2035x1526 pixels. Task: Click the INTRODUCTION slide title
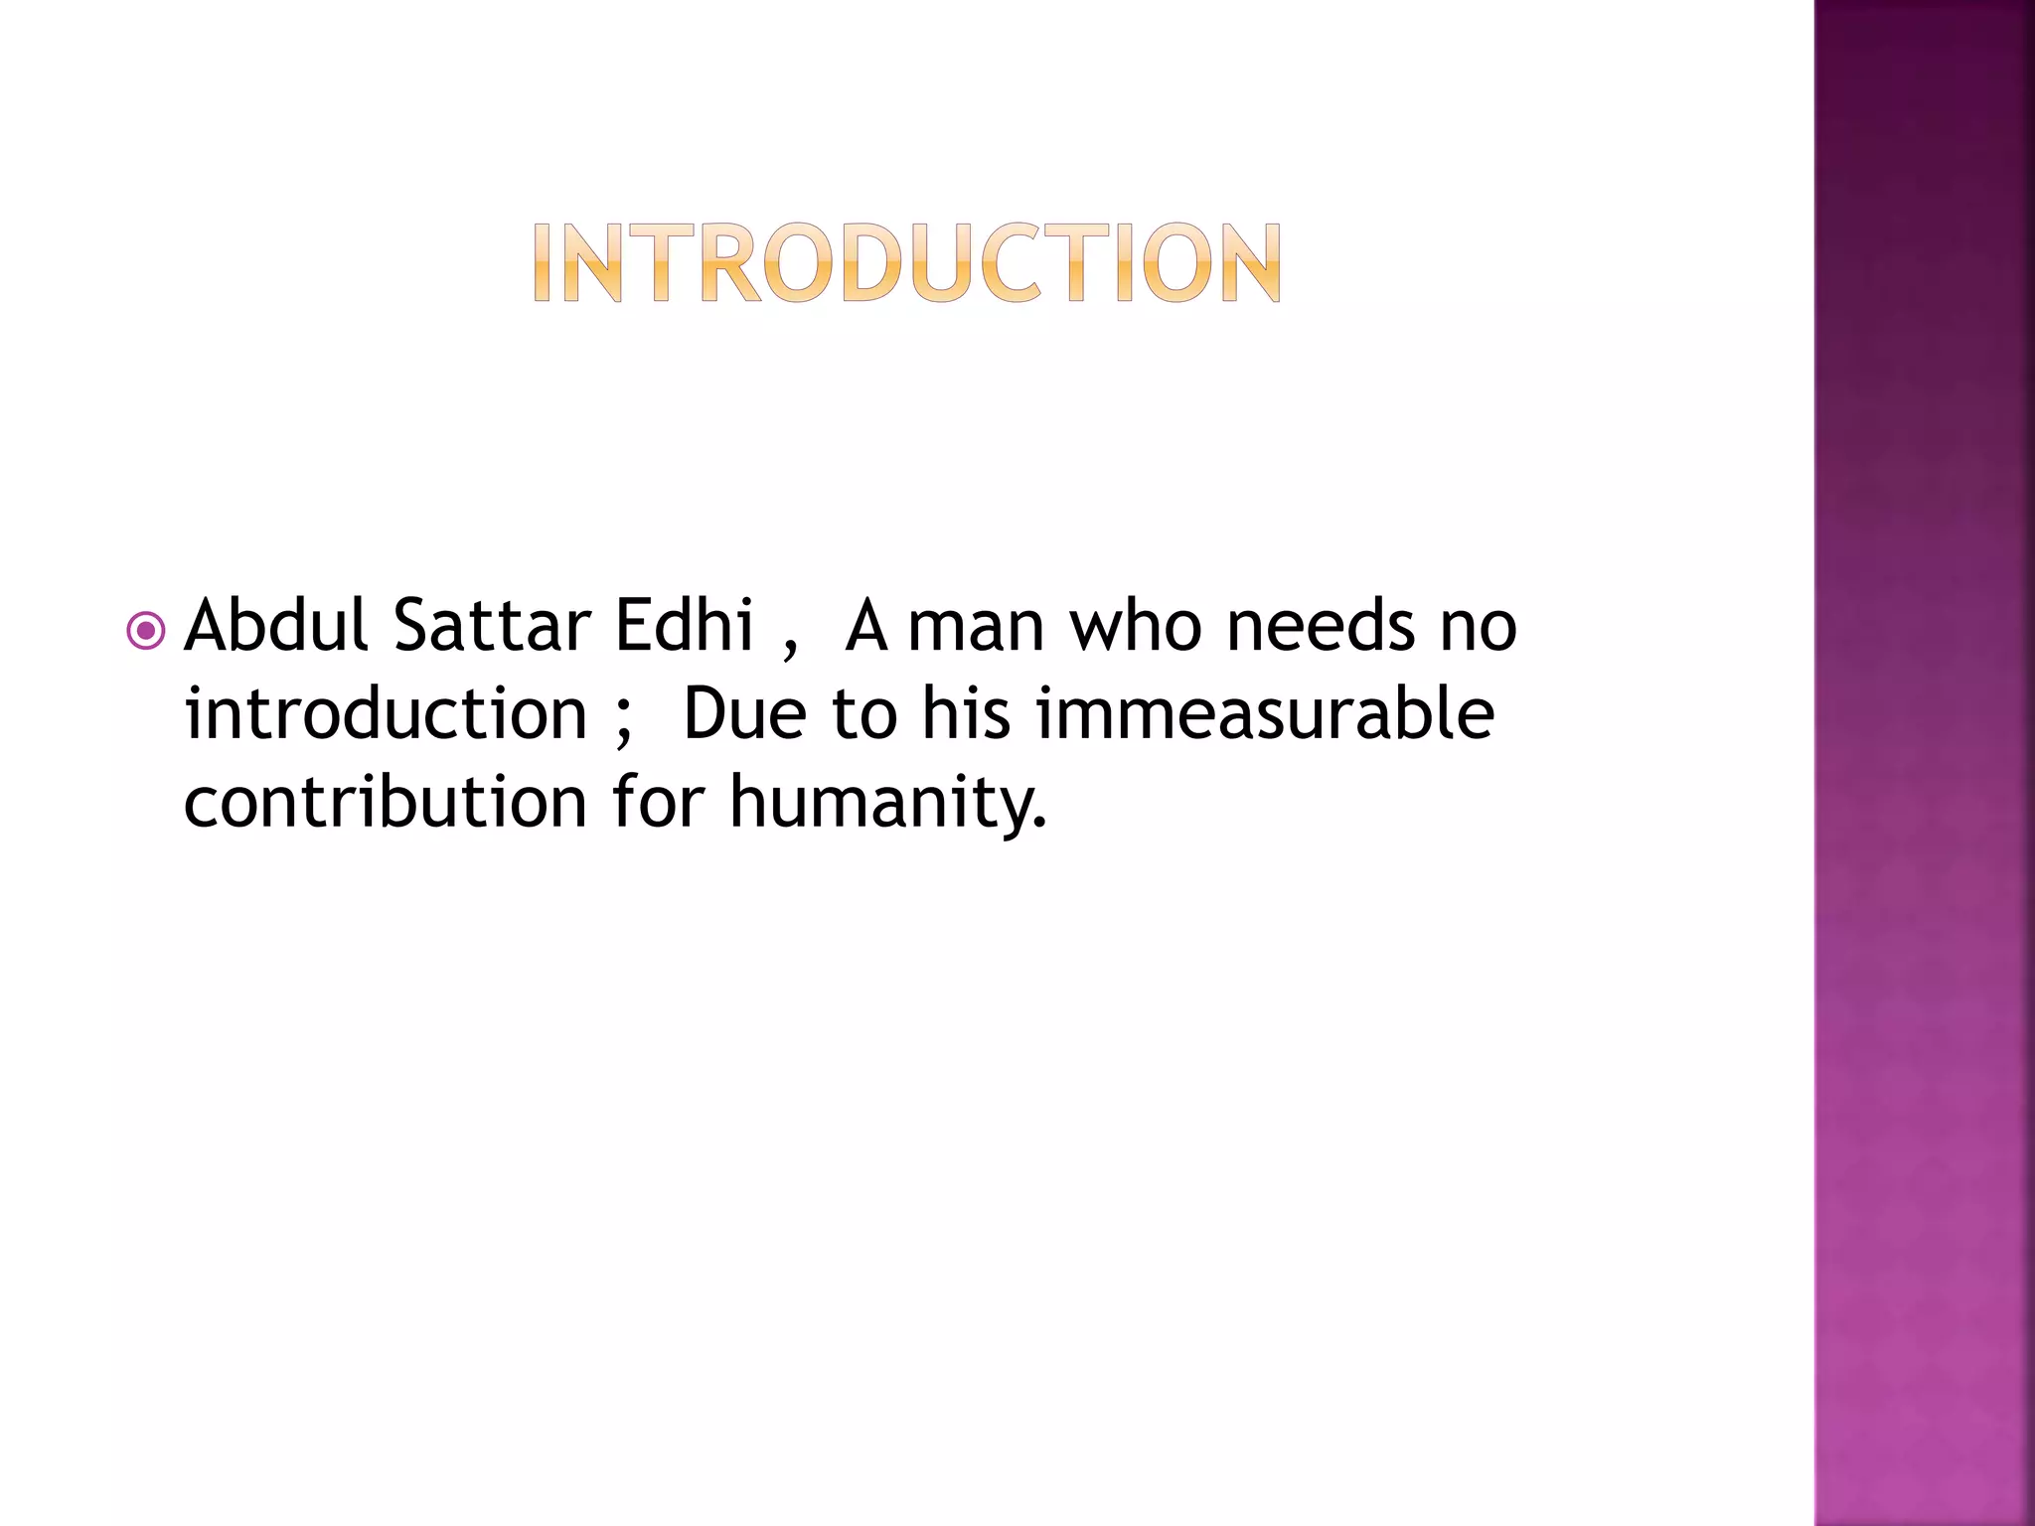pos(906,262)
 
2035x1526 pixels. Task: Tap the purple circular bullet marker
pos(146,630)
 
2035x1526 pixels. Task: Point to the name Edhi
pos(684,626)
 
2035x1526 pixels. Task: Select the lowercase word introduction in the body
pos(386,713)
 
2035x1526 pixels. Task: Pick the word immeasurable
pos(1265,713)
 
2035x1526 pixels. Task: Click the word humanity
pos(887,803)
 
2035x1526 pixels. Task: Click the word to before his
pos(864,715)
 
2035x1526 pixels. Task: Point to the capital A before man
pos(865,626)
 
